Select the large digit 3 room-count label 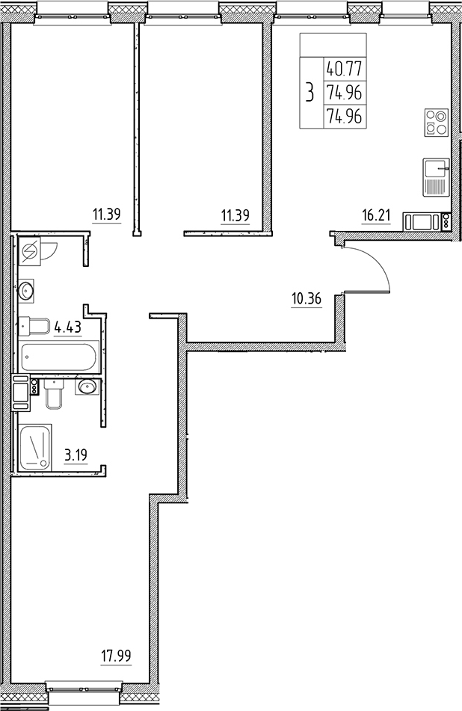coord(309,93)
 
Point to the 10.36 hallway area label coord(306,300)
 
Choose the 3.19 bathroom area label coord(75,454)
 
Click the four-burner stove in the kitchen coord(434,122)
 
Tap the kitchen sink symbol coord(434,177)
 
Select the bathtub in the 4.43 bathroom coord(59,357)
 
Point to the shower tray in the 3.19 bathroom coord(35,447)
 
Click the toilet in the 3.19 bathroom coord(55,393)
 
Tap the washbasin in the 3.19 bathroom coord(87,387)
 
